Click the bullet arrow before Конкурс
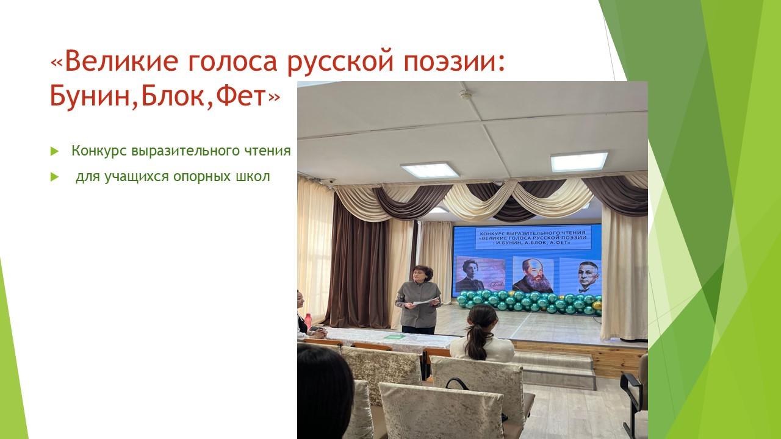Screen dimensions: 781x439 pyautogui.click(x=54, y=151)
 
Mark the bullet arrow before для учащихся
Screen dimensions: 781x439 pyautogui.click(x=54, y=177)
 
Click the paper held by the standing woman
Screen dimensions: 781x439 pyautogui.click(x=425, y=302)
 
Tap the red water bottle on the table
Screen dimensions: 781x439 pyautogui.click(x=308, y=321)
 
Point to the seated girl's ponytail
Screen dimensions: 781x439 pyautogui.click(x=476, y=340)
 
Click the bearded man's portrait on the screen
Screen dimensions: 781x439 pyautogui.click(x=533, y=275)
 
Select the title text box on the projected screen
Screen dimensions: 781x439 pyautogui.click(x=533, y=238)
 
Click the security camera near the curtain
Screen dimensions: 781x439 pyautogui.click(x=329, y=182)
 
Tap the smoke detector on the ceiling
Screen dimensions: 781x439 pyautogui.click(x=466, y=94)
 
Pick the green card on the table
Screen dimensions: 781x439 pyautogui.click(x=395, y=337)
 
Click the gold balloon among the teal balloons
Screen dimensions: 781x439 pyautogui.click(x=597, y=305)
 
